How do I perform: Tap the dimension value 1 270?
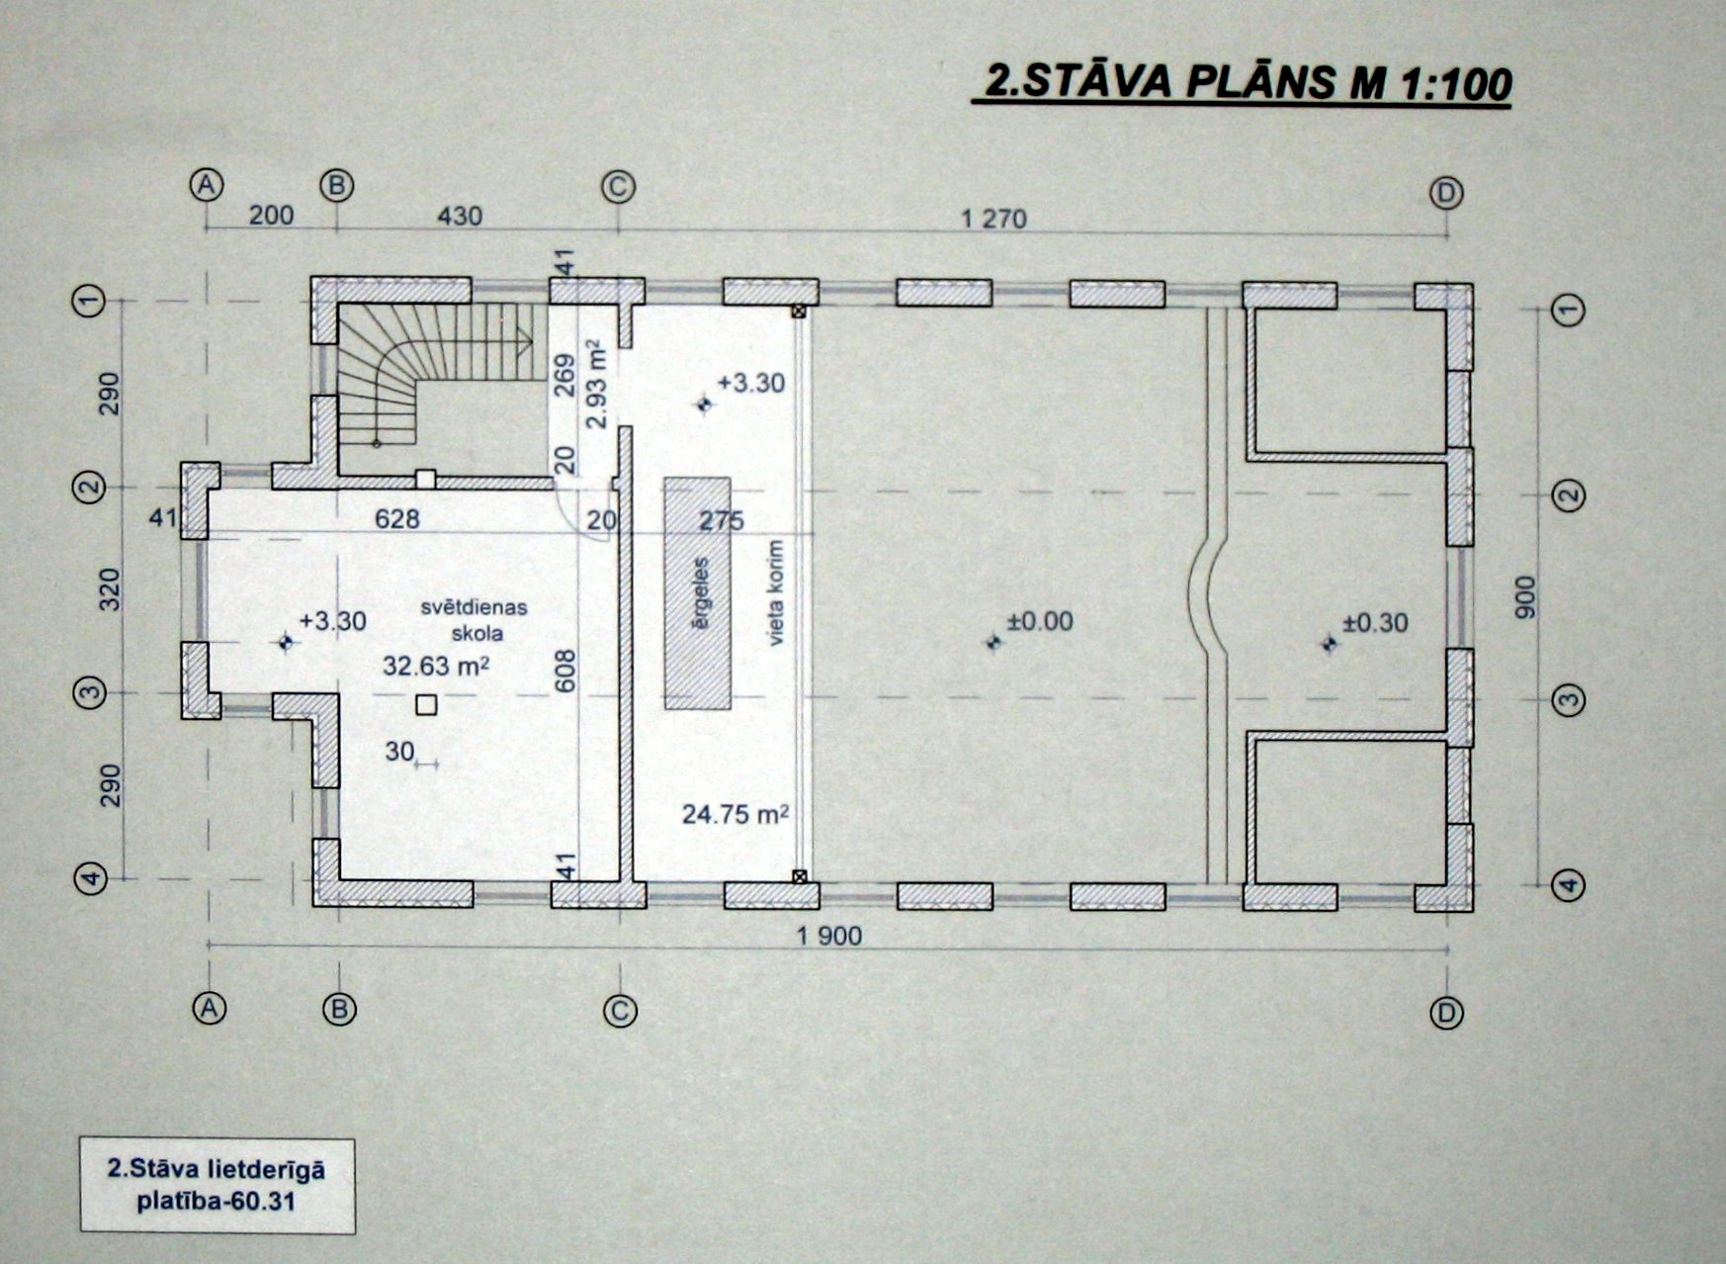coord(993,219)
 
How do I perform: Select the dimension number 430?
coord(459,216)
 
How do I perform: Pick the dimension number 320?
coord(110,589)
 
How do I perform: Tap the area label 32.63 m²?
coord(436,666)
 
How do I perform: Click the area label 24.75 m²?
coord(734,814)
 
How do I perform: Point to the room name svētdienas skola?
coord(475,620)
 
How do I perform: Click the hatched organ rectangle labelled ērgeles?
coord(697,593)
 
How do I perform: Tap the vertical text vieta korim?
coord(776,592)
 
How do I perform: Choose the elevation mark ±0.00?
coord(1038,621)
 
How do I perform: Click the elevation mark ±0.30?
coord(1374,622)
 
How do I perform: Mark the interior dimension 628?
coord(396,518)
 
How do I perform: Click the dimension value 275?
coord(721,520)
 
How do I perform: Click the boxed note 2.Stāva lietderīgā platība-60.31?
coord(216,1185)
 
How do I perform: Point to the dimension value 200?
coord(271,215)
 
